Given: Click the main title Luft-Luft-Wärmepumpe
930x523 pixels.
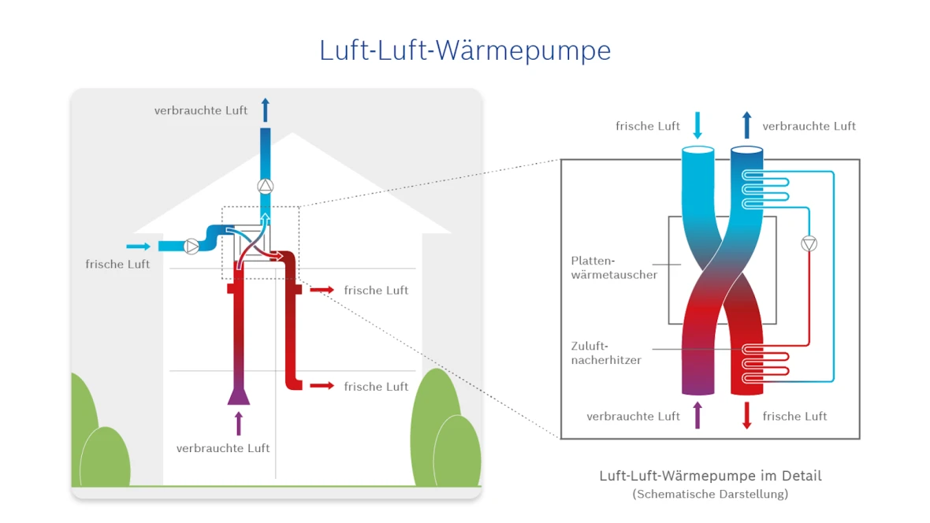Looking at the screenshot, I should point(465,50).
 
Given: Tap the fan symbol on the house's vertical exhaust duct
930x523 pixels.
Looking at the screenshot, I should point(266,187).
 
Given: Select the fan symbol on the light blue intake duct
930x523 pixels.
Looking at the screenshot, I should point(192,247).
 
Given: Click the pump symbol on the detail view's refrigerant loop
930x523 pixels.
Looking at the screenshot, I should point(809,243).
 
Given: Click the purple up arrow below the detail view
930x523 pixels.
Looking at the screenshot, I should point(697,415).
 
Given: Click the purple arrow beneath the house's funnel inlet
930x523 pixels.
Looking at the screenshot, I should point(239,423).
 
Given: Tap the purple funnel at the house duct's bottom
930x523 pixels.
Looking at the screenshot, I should point(239,394).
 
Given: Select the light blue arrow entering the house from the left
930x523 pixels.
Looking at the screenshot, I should point(137,247).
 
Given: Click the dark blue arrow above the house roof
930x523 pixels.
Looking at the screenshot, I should point(266,109).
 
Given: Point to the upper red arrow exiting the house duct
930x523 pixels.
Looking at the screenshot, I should point(321,290).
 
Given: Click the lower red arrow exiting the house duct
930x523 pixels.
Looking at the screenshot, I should point(321,386).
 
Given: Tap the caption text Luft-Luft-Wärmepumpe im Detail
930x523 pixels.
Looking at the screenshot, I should point(710,476).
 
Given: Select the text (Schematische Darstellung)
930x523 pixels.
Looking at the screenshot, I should point(710,495).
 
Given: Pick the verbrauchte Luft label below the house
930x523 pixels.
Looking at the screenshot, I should point(223,448).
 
